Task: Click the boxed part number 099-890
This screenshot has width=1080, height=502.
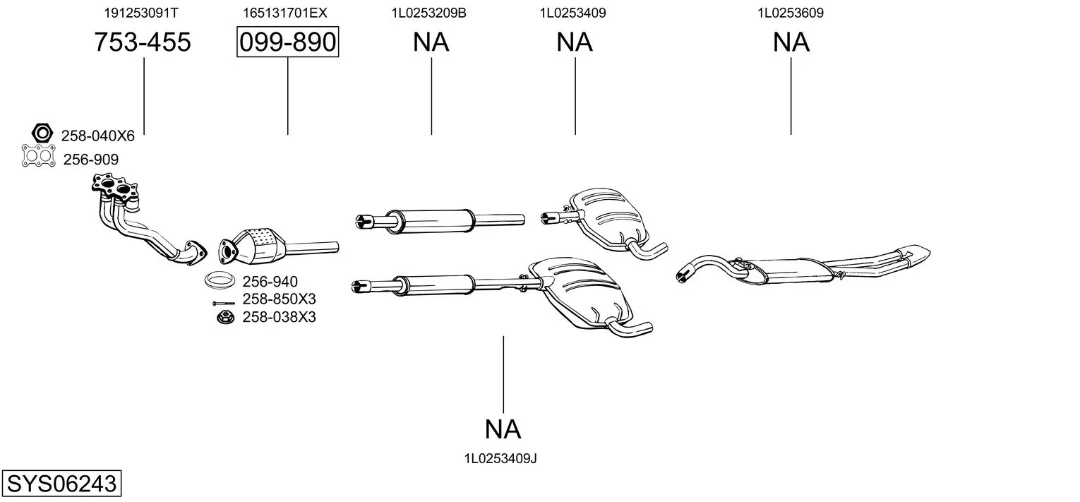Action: click(x=287, y=43)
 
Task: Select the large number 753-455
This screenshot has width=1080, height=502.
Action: click(x=143, y=42)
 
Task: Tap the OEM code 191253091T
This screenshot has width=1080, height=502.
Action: click(x=141, y=13)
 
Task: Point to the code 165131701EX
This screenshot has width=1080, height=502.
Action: click(x=285, y=13)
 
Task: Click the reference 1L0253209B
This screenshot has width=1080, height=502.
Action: click(x=428, y=13)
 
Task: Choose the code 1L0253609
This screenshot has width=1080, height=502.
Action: click(x=791, y=13)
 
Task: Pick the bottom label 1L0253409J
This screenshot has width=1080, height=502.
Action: click(x=500, y=458)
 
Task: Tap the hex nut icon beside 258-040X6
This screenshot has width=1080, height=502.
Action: click(x=42, y=132)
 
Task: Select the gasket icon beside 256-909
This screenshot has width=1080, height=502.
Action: click(x=39, y=155)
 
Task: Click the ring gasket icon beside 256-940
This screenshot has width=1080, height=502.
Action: click(x=220, y=280)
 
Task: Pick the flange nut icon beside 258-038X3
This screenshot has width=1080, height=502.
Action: click(x=224, y=317)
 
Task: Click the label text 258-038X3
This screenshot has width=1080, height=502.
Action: click(x=279, y=317)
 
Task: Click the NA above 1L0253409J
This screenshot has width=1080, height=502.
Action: click(x=503, y=429)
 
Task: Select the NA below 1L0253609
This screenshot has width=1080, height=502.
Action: click(x=791, y=42)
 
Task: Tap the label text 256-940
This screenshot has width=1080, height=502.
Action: click(x=270, y=282)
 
